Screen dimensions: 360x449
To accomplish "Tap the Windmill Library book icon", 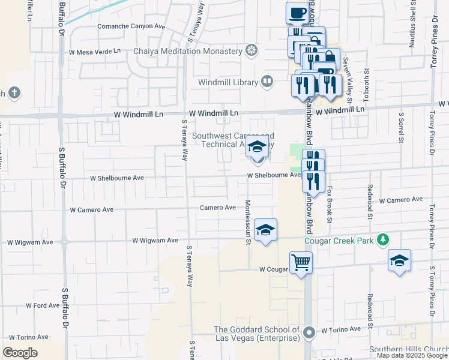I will [267, 81].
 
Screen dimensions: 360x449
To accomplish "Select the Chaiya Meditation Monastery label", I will [187, 51].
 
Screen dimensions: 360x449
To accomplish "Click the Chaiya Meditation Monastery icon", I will [252, 50].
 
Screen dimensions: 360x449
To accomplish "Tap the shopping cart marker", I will [301, 262].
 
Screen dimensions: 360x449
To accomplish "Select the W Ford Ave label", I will [43, 305].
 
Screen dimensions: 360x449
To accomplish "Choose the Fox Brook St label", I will [329, 203].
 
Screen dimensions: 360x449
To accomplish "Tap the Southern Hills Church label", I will [408, 350].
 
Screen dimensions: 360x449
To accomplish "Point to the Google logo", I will [20, 353].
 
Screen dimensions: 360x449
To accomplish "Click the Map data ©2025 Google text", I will [411, 355].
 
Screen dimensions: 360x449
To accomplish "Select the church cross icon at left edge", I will [14, 93].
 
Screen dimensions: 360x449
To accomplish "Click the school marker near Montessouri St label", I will [265, 230].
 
